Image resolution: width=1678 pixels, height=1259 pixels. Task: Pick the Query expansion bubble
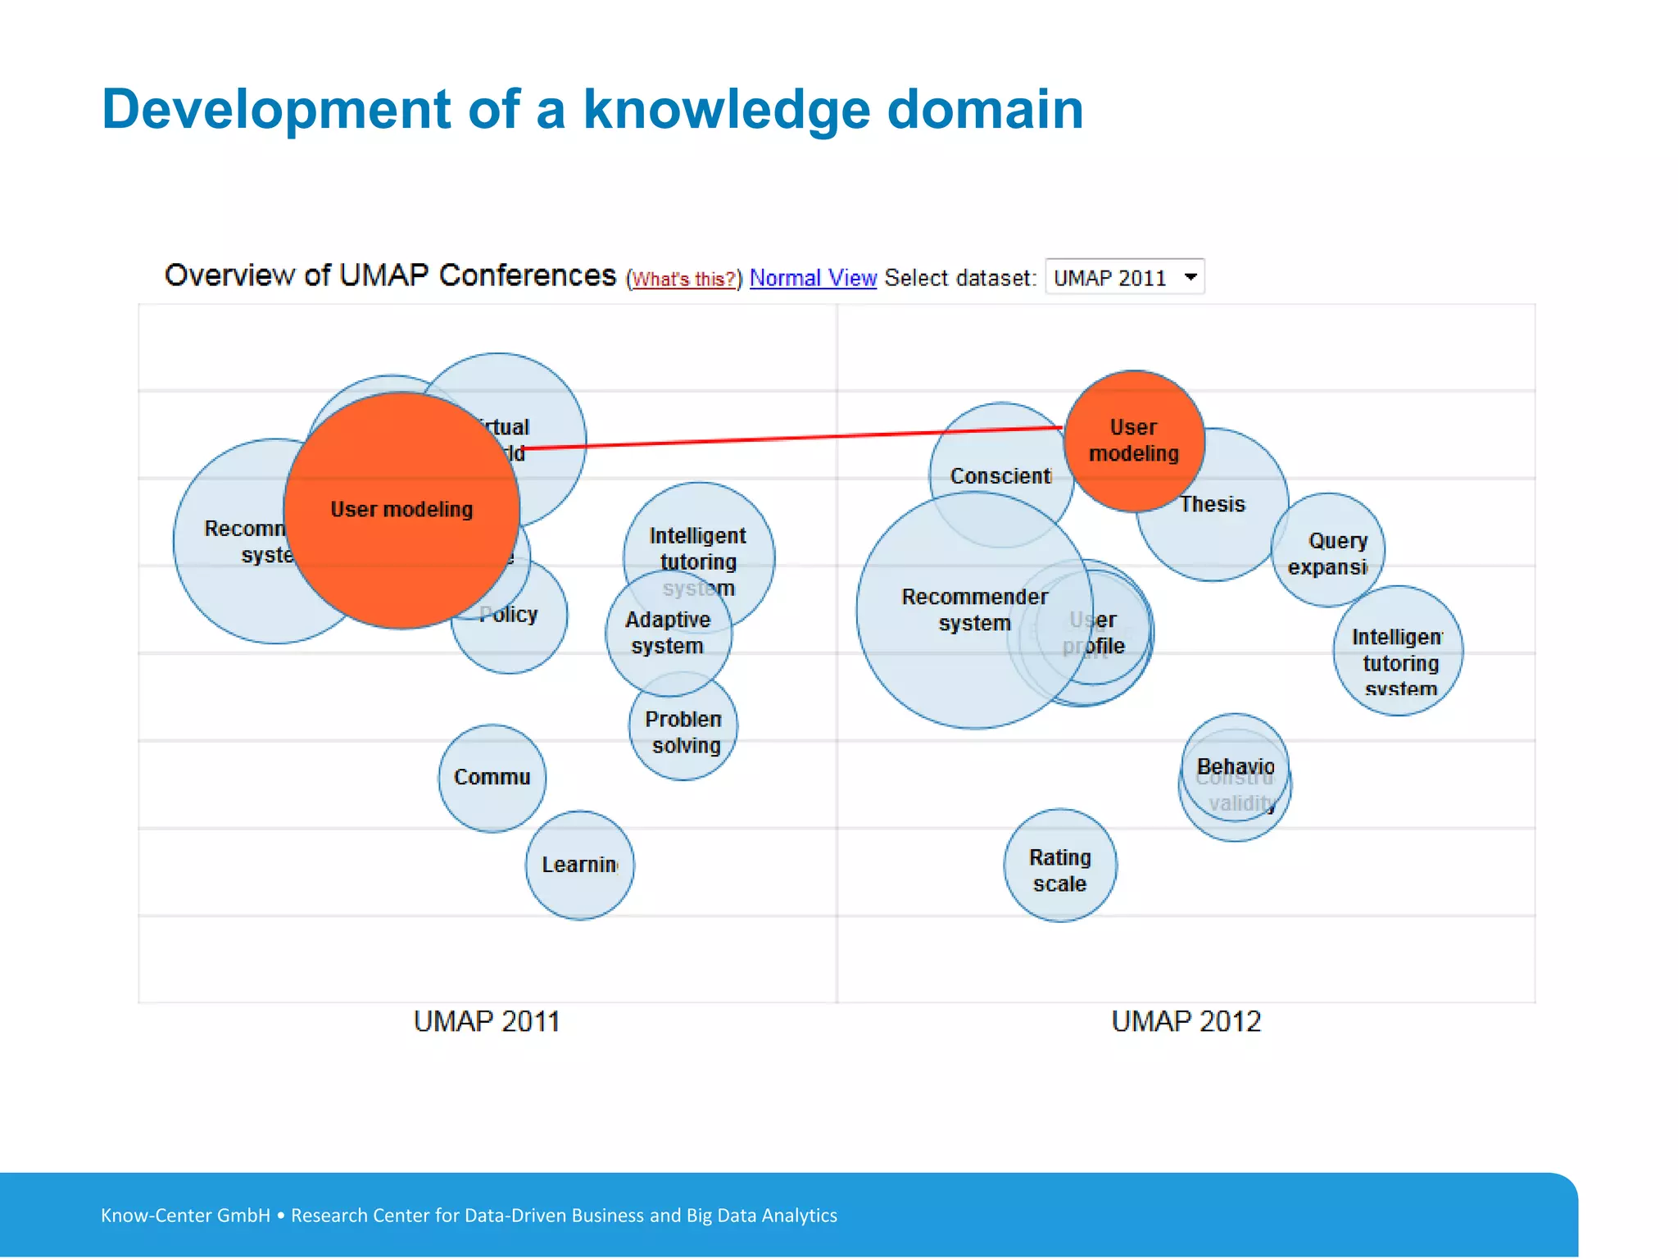pos(1328,553)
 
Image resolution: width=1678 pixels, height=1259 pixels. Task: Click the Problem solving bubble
pos(684,732)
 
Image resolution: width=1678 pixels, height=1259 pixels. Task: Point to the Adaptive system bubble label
pos(668,633)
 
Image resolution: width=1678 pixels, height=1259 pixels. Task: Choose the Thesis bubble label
pos(1212,505)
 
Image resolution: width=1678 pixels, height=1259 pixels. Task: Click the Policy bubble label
pos(510,615)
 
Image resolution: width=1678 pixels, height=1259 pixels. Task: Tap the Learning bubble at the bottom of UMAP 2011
pos(579,865)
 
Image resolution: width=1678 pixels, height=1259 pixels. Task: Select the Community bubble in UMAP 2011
pos(492,777)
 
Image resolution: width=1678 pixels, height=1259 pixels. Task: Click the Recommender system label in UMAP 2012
pos(974,610)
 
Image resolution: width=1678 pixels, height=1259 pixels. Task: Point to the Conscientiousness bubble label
pos(1000,476)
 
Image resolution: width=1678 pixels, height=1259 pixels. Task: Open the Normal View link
pos(813,279)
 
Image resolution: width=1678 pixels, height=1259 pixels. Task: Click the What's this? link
pos(683,280)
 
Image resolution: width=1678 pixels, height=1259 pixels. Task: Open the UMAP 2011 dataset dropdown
pos(1124,278)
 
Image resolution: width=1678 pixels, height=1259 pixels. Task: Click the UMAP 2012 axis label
pos(1186,1022)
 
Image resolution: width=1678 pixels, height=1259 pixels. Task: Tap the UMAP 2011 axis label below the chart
pos(487,1022)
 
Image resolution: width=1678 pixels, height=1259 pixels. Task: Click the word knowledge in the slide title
pos(726,110)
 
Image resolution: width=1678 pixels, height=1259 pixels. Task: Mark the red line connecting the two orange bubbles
pos(787,439)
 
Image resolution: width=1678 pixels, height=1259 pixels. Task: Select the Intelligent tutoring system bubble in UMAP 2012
pos(1398,652)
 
